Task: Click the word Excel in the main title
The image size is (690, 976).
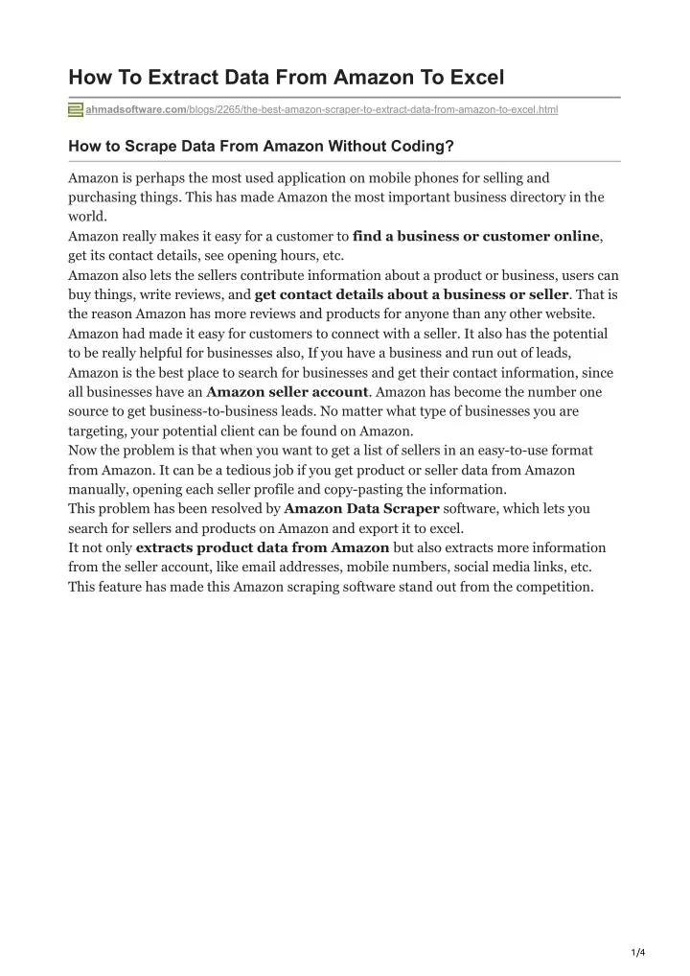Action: [x=471, y=78]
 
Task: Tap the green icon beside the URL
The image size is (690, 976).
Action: [x=76, y=110]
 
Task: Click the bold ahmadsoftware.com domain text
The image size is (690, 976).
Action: [x=134, y=110]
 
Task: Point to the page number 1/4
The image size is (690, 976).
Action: [x=638, y=952]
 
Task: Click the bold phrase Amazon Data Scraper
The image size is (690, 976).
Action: [x=361, y=508]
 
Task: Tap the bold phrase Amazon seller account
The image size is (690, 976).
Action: [x=287, y=392]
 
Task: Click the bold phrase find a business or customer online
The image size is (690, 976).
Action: [x=476, y=236]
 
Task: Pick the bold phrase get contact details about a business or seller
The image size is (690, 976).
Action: [x=411, y=294]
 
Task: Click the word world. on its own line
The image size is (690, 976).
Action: [x=87, y=217]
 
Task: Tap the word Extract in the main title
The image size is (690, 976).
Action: [x=175, y=78]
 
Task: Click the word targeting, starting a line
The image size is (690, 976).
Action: [x=99, y=430]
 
